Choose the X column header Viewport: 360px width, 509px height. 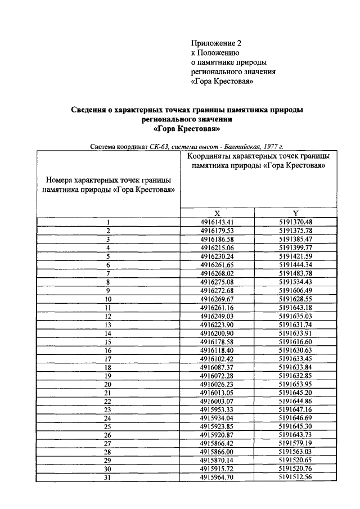217,213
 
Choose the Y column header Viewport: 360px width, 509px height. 296,213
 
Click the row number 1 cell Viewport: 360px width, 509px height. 108,222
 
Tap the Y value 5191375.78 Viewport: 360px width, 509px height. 295,231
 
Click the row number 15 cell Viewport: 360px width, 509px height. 108,341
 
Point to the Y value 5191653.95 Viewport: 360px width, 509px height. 295,384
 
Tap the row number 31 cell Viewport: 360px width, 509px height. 108,478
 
